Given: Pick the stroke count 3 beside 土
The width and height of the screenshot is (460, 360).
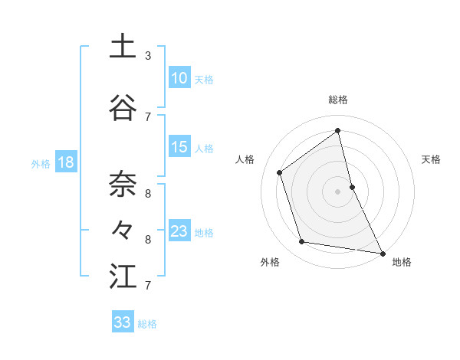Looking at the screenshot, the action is point(148,56).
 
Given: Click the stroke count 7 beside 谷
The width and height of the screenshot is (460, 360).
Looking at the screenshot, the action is point(148,116).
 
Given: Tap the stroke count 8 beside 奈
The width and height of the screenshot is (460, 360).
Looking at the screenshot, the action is point(148,193).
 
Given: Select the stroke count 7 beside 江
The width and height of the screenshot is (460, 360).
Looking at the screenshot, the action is point(148,286).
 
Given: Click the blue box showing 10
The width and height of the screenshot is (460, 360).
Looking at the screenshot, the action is point(179,78).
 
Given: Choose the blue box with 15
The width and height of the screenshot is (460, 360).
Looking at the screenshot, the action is point(179,147).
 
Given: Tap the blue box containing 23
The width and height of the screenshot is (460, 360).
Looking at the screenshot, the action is point(179,231).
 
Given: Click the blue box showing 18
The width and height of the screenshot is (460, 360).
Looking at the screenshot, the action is point(65,162).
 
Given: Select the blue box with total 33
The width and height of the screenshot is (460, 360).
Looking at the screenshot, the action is point(122,322).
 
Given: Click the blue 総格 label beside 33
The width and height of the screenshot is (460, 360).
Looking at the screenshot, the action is point(147,324).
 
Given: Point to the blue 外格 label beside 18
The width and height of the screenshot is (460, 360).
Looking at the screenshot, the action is point(41,163).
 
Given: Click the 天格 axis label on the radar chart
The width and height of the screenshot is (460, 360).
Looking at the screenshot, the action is point(431,159).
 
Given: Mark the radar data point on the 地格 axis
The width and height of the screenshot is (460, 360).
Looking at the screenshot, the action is point(382,253).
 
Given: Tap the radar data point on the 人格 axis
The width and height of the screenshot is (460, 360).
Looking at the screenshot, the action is point(280,172).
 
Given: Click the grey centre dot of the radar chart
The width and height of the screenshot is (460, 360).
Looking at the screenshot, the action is point(337,191).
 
